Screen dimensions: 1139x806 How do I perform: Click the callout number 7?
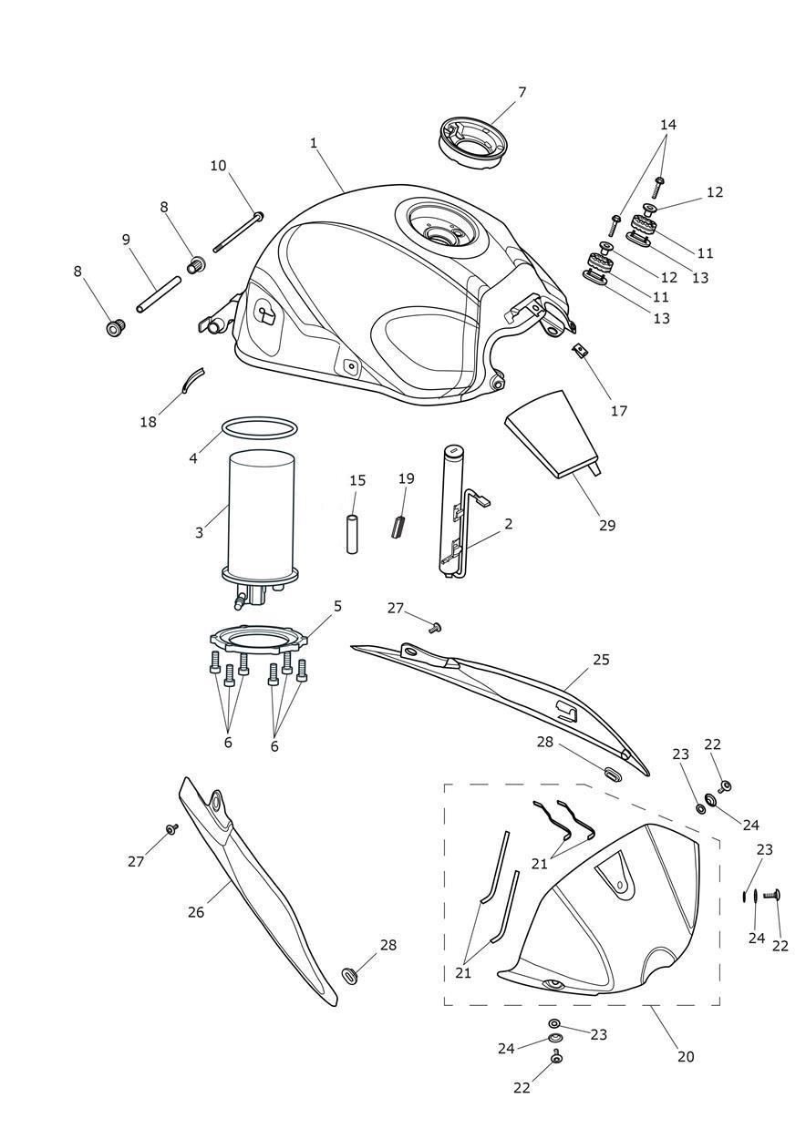[522, 92]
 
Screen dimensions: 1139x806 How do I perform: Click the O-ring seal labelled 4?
[260, 426]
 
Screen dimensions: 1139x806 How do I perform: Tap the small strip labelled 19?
[397, 527]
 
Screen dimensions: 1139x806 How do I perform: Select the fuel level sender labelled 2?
[454, 510]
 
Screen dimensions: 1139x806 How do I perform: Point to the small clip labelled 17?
[578, 350]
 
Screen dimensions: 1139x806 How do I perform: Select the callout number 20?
[686, 1057]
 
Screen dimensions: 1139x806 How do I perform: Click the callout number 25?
[600, 659]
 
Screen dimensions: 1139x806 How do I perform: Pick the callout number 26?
[196, 910]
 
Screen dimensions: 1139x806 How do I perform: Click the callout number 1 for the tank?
[314, 143]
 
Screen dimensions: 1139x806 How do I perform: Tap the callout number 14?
[668, 124]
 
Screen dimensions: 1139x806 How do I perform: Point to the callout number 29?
[607, 525]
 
